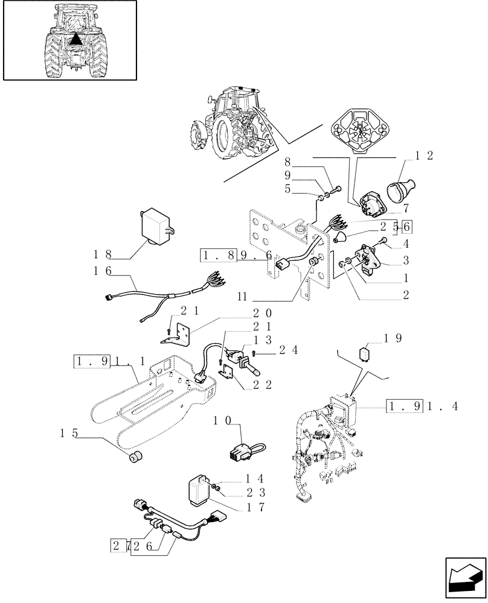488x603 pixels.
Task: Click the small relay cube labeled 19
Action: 365,353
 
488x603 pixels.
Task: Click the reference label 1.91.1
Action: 109,362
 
